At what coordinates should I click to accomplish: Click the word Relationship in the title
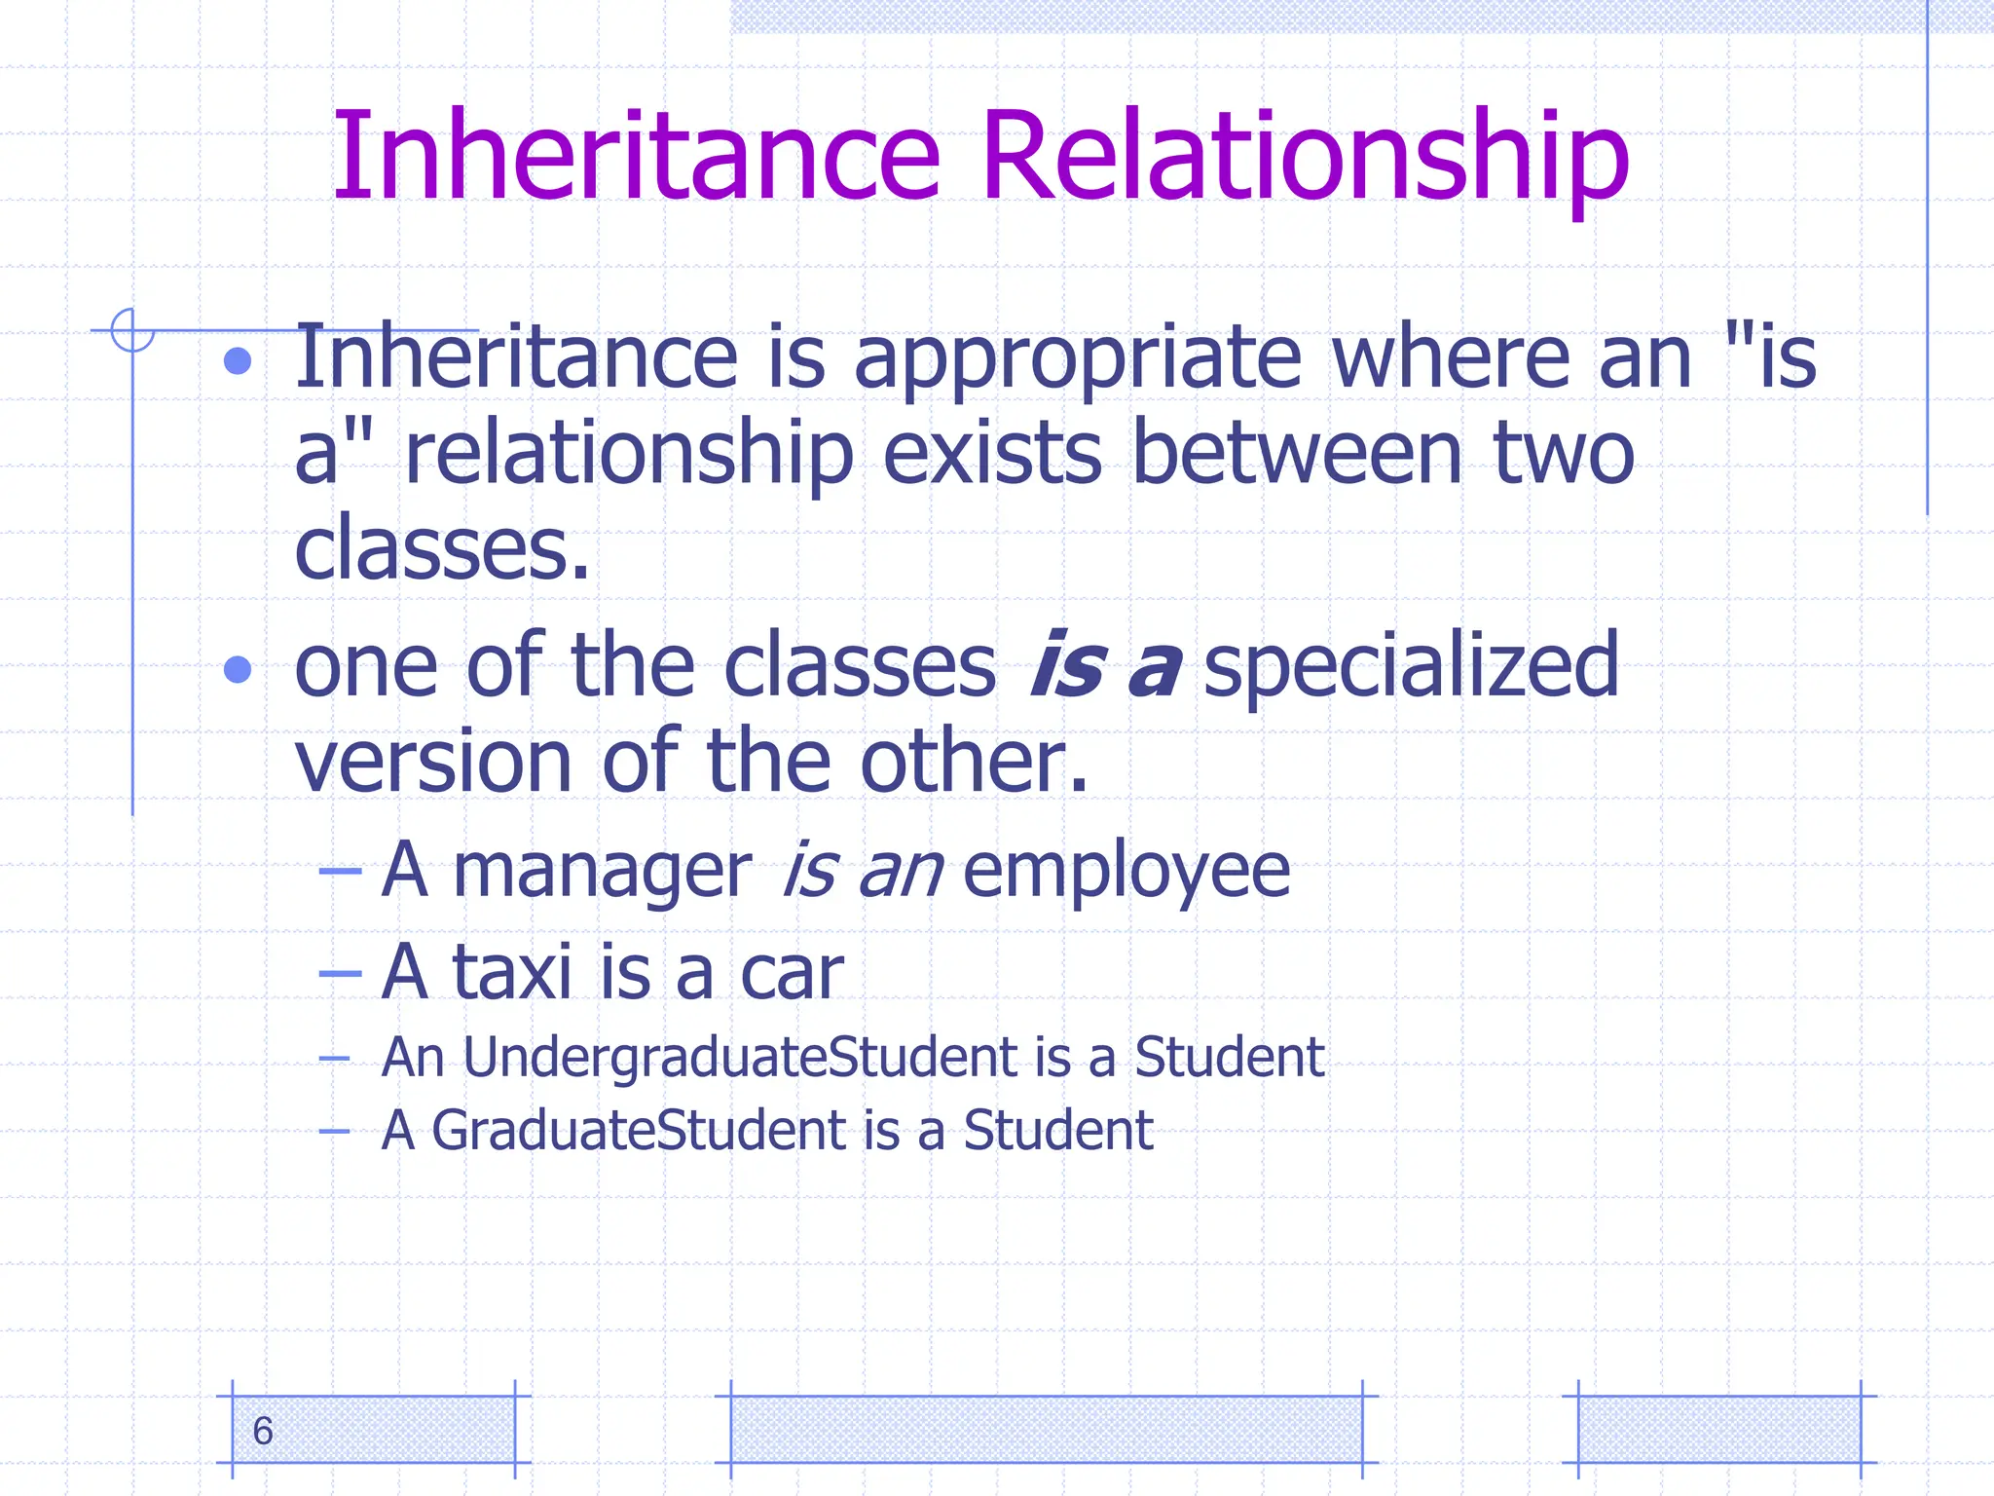1305,156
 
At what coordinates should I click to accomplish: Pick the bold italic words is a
1106,666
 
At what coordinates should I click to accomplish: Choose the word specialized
1412,666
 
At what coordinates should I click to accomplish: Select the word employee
1126,871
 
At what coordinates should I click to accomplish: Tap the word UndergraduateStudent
740,1058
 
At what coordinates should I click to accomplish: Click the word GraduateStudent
639,1131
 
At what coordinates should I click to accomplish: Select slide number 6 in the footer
263,1431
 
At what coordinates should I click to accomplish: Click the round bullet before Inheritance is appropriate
238,362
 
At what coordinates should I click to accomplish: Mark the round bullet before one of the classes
238,670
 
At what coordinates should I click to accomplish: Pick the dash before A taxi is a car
340,973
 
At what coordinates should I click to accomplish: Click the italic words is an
863,871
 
